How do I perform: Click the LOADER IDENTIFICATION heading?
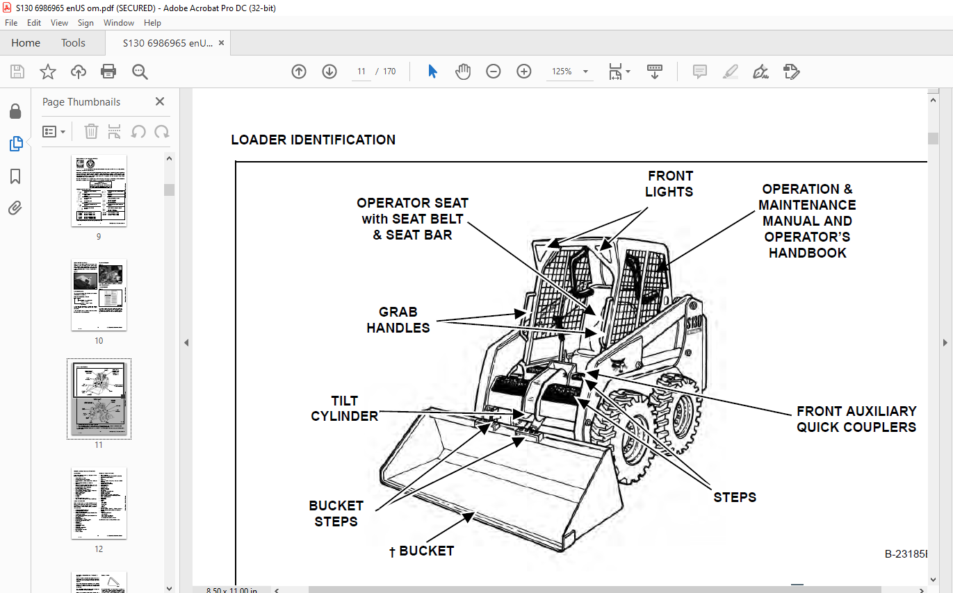point(313,140)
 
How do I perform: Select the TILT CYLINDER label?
point(344,408)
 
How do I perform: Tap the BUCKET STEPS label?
point(336,513)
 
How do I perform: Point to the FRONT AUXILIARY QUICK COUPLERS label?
point(856,419)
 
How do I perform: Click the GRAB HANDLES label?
point(398,320)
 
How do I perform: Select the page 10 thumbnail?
point(99,295)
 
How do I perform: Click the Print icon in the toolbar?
point(108,72)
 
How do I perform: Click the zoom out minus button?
point(494,72)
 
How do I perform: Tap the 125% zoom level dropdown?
point(569,72)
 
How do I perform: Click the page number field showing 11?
point(361,72)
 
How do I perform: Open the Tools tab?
point(73,43)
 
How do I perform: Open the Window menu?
point(119,23)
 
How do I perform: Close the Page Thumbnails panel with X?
point(160,101)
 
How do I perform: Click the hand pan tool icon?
point(463,72)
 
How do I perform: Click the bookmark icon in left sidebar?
point(15,176)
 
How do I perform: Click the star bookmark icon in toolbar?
point(47,72)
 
